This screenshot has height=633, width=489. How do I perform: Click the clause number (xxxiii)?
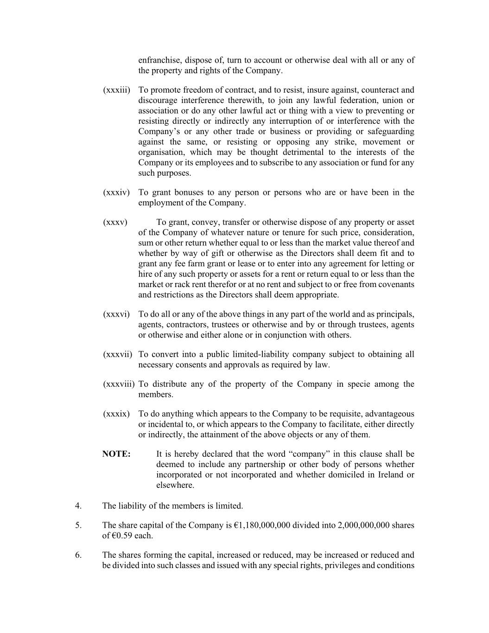(x=116, y=90)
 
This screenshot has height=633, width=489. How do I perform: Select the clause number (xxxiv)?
(x=116, y=192)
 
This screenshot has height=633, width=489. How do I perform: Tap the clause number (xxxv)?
(x=115, y=222)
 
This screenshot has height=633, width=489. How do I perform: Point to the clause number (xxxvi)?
(x=116, y=314)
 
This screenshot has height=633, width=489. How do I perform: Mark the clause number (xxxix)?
(x=116, y=414)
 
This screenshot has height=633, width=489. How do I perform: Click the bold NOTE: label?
(x=116, y=454)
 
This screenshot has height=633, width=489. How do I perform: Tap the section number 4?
(x=78, y=506)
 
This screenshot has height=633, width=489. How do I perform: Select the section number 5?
(x=78, y=525)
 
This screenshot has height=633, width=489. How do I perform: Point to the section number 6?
(x=78, y=555)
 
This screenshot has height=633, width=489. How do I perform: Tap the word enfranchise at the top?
(x=160, y=60)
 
